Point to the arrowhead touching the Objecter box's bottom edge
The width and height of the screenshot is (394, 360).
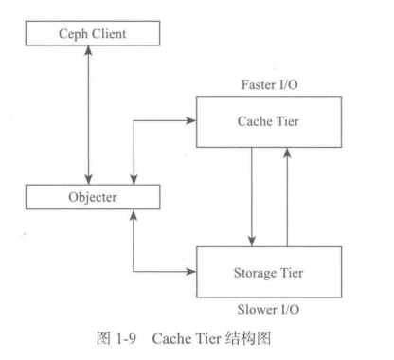(x=136, y=217)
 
